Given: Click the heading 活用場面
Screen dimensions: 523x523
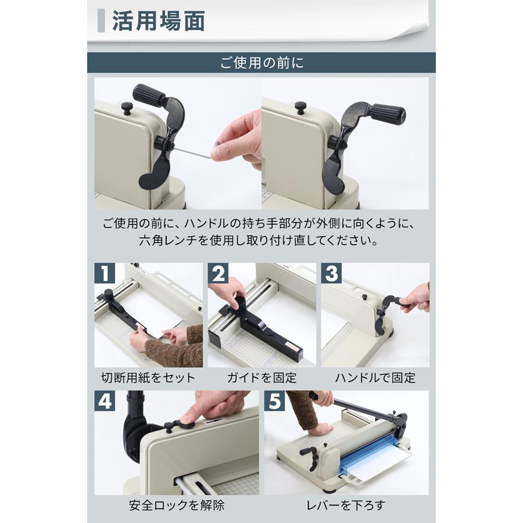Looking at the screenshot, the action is click(159, 21).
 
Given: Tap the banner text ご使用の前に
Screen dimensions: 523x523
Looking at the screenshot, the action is click(262, 63).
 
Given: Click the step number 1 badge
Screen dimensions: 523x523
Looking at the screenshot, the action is click(105, 273).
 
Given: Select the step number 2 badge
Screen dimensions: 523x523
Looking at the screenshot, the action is click(218, 273).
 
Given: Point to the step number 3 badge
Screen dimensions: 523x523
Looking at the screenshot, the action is click(332, 273).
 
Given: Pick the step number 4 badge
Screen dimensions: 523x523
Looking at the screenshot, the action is click(105, 401).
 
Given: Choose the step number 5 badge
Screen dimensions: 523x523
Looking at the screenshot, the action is click(275, 401).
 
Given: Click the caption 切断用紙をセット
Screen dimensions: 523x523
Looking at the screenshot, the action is click(148, 378).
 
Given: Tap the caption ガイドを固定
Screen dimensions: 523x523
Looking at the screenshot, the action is click(262, 378).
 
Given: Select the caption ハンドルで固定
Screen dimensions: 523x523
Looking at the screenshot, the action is click(375, 378).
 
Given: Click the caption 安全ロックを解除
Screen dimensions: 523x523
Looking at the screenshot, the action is click(177, 506).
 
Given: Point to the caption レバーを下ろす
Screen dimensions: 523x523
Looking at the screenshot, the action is click(346, 506).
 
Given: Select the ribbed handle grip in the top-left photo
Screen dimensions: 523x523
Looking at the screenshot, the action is click(149, 94).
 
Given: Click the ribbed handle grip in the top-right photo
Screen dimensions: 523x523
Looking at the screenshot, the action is click(388, 114).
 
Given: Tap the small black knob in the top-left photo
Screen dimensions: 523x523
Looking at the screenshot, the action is click(127, 108).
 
